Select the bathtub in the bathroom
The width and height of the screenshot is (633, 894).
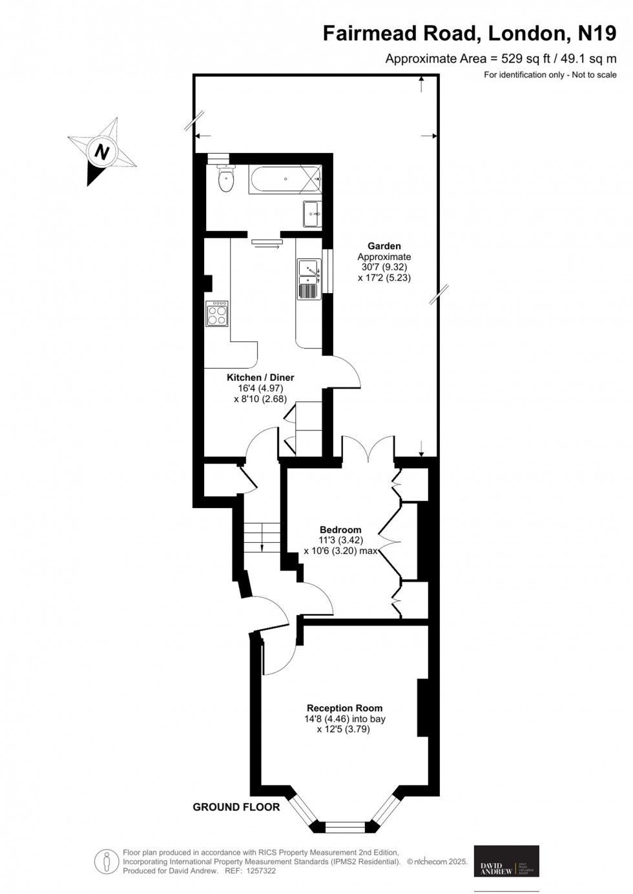(285, 180)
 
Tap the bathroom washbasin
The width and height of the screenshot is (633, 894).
(313, 214)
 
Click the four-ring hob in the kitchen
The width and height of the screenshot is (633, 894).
(217, 314)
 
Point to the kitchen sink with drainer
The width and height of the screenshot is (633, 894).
(309, 278)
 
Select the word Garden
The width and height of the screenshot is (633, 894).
(384, 246)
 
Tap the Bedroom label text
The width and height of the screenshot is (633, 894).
(340, 530)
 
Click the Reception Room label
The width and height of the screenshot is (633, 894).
(344, 707)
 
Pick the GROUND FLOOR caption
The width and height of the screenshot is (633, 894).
(236, 807)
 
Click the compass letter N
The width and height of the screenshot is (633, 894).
(101, 152)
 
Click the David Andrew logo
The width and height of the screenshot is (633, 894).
(506, 861)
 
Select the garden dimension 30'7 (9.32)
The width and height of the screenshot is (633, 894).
(384, 267)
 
